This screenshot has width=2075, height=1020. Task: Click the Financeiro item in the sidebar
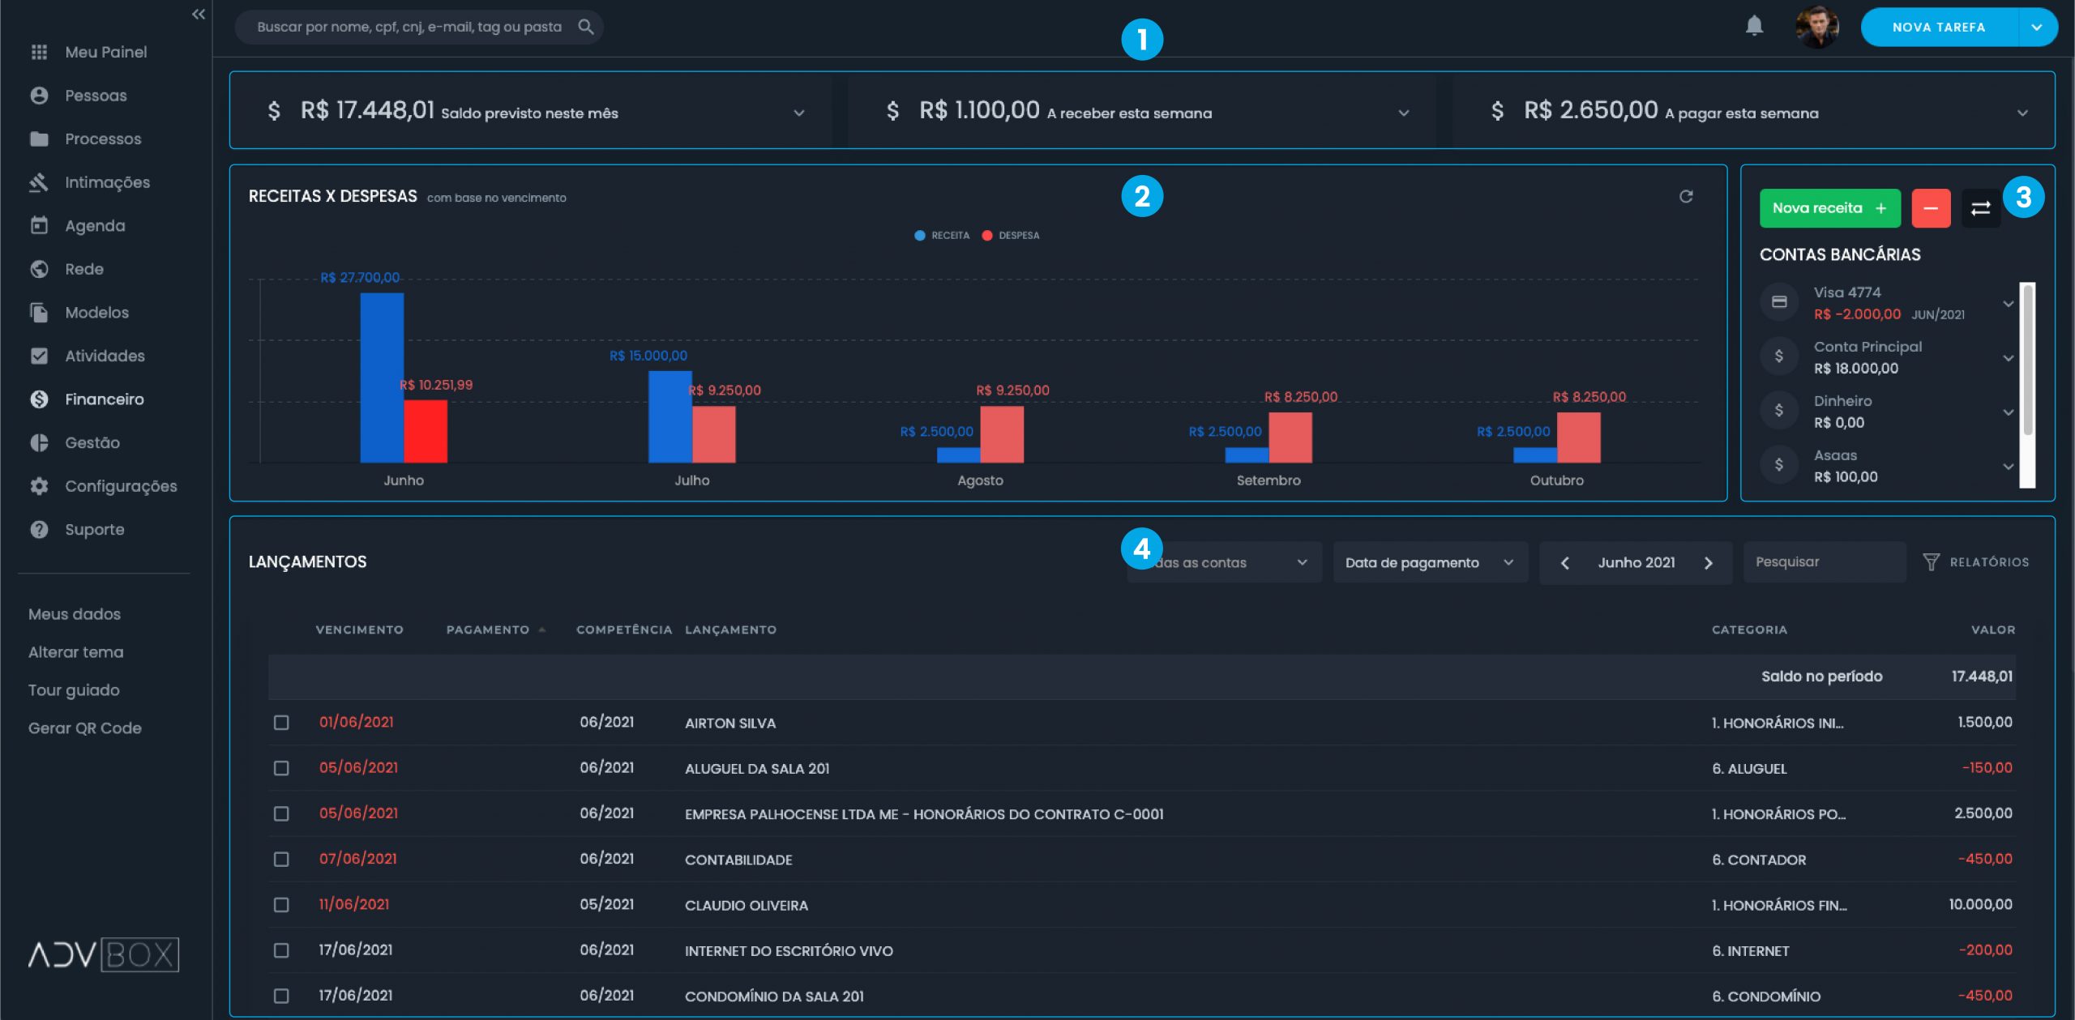point(104,399)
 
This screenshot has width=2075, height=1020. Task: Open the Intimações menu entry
point(107,182)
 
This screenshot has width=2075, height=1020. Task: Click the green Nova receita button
point(1829,208)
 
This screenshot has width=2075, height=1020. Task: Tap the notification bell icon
point(1754,26)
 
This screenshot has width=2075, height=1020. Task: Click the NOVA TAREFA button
point(1938,28)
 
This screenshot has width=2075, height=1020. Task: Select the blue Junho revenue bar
point(381,378)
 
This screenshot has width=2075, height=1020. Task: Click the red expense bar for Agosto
point(1002,434)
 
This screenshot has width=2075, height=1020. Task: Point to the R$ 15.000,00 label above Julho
point(648,356)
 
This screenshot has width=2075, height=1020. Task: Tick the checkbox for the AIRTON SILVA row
point(281,723)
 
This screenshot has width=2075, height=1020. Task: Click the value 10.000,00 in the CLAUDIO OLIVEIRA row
point(1979,904)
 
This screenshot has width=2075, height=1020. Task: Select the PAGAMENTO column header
point(487,629)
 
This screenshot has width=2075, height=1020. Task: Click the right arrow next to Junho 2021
point(1709,563)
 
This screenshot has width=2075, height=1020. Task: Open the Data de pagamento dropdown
point(1429,563)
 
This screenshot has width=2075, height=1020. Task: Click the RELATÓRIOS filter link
point(1977,562)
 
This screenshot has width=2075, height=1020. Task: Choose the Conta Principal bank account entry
point(1867,356)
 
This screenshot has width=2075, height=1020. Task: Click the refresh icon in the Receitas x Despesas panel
point(1686,197)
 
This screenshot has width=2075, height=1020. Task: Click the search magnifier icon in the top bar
point(585,27)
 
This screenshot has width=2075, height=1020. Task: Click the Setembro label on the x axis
point(1268,480)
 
